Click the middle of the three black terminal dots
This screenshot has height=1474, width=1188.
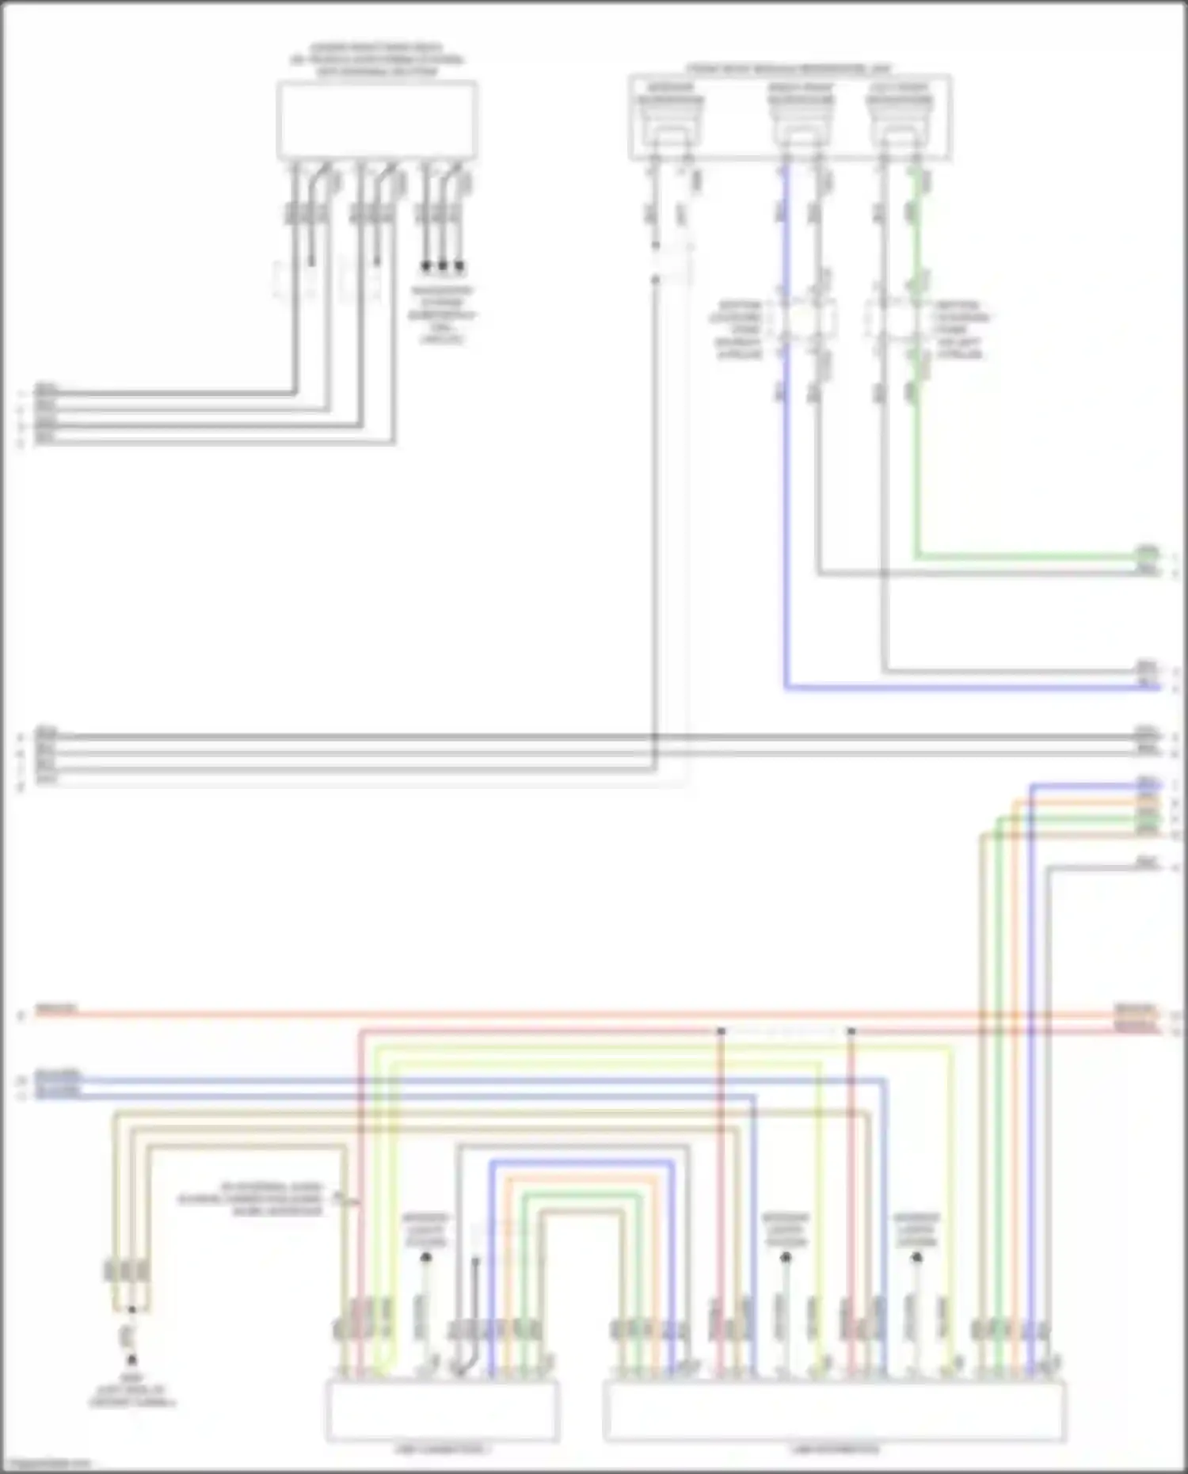(443, 266)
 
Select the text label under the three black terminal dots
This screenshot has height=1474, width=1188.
(442, 315)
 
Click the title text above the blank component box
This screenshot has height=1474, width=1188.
(377, 60)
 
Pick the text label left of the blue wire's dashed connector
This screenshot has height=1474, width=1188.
(739, 329)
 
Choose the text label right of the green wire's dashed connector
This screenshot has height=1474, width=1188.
(960, 329)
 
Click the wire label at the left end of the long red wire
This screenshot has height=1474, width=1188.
(55, 1009)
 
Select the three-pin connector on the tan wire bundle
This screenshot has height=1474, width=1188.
(127, 1271)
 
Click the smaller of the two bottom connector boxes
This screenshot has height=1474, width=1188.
(442, 1411)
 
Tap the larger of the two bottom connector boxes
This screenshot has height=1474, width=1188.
(834, 1411)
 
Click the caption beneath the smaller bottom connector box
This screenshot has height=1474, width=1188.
(441, 1449)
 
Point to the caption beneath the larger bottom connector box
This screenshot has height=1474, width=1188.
(834, 1449)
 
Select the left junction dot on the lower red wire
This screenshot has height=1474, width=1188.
(721, 1031)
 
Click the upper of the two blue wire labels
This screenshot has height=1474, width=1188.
(57, 1077)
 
